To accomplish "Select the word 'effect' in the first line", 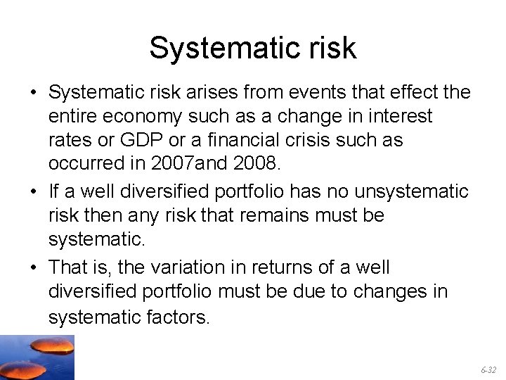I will pos(410,92).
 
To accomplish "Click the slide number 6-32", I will pos(488,369).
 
